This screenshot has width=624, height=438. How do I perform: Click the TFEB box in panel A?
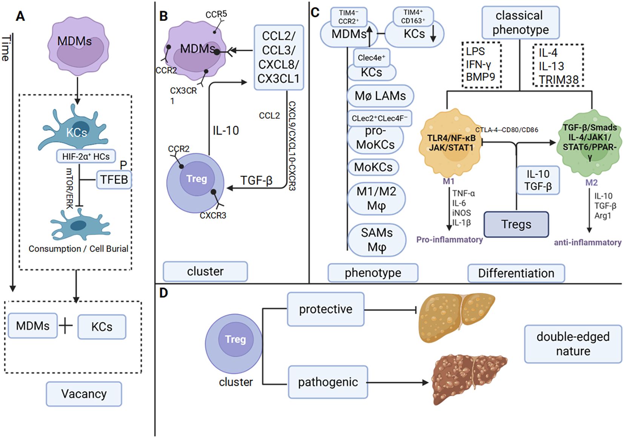(114, 179)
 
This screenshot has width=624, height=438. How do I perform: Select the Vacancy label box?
(84, 394)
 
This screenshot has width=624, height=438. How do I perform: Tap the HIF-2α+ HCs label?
(86, 156)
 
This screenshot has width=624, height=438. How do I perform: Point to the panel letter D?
(163, 293)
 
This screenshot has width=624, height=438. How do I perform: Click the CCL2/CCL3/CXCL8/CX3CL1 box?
(279, 57)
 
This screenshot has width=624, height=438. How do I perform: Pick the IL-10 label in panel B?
(226, 131)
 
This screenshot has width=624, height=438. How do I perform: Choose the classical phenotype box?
(520, 23)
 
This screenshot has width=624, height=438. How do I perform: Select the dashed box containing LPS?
(481, 65)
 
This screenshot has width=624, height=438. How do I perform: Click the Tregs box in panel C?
(516, 224)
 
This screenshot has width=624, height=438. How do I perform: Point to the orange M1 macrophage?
(450, 143)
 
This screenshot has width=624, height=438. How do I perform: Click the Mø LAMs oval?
(380, 96)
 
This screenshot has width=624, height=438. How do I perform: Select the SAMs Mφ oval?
(377, 240)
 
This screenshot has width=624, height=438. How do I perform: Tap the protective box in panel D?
(326, 309)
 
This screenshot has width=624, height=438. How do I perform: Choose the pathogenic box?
(328, 382)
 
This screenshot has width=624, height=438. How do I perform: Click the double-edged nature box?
(573, 344)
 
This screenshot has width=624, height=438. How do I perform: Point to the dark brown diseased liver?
(469, 379)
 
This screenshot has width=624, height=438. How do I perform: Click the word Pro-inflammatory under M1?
(449, 239)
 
